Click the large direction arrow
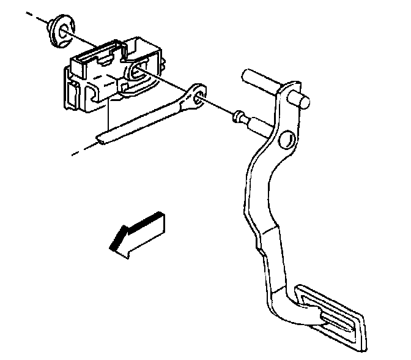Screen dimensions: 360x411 138,233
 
